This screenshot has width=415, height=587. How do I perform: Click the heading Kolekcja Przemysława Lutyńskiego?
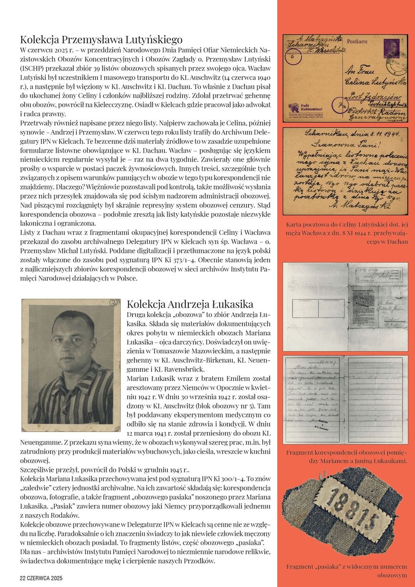(101, 40)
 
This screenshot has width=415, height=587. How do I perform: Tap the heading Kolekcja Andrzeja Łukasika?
(190, 304)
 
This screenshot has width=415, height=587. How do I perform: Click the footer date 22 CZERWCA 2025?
(41, 578)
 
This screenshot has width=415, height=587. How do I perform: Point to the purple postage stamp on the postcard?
(391, 45)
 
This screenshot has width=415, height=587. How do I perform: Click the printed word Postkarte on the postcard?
(357, 42)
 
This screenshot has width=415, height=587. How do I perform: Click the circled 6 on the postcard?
(295, 58)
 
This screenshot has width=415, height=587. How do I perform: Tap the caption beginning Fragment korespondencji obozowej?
(347, 456)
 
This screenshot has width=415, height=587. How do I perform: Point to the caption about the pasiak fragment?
(347, 571)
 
